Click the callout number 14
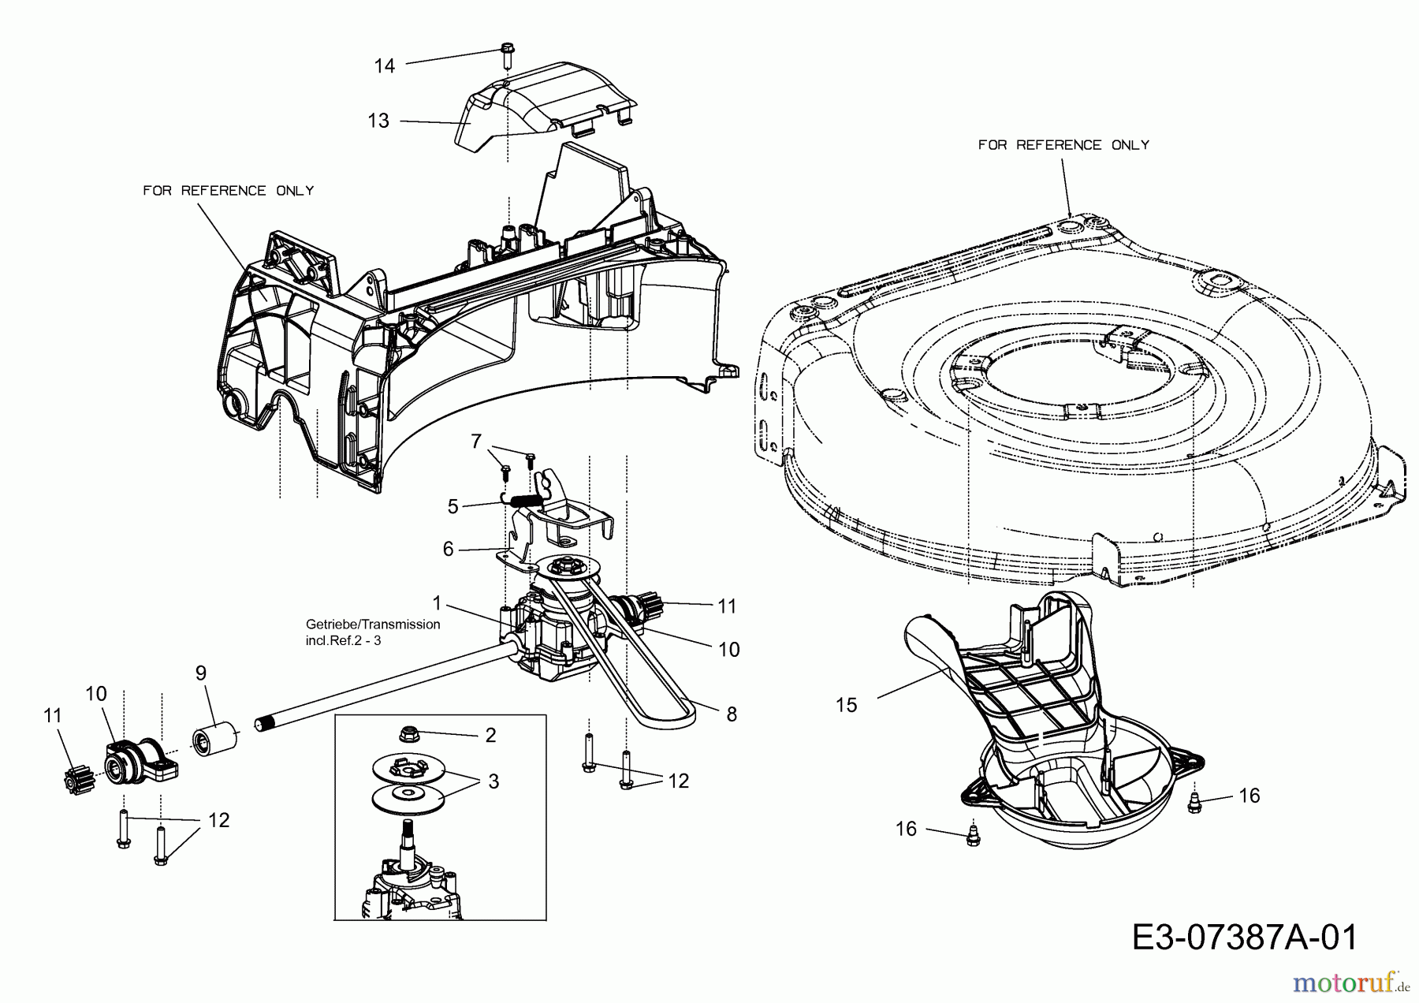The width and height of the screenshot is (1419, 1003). click(384, 66)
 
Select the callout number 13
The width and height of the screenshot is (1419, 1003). click(378, 121)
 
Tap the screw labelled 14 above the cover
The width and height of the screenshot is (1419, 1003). click(507, 58)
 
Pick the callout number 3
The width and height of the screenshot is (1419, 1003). click(493, 781)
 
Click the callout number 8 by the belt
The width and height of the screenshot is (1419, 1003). click(732, 714)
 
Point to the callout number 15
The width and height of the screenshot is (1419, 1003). click(846, 705)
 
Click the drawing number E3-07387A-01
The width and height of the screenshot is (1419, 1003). click(1245, 938)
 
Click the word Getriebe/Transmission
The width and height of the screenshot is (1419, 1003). click(373, 625)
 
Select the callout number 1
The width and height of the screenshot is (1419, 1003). click(438, 604)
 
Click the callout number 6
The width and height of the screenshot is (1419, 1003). click(449, 549)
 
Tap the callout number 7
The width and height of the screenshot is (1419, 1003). click(475, 442)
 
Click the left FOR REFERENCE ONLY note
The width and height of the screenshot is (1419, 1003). click(229, 191)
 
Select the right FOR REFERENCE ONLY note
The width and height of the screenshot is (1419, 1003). click(1064, 145)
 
